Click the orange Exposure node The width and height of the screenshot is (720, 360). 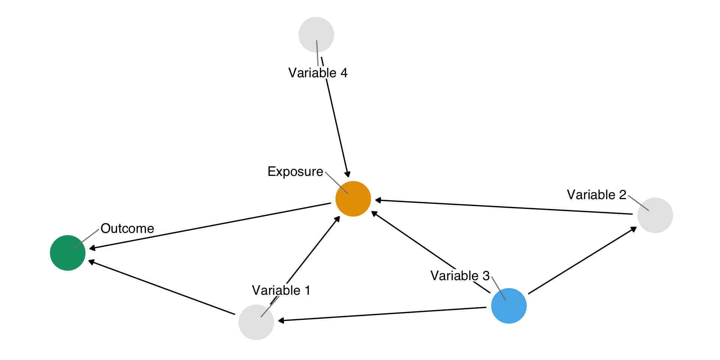coord(353,199)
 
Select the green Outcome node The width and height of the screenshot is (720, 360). coord(67,253)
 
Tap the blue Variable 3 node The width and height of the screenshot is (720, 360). coord(508,306)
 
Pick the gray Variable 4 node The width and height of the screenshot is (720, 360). coord(316,34)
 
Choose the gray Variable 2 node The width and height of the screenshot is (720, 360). coord(655,215)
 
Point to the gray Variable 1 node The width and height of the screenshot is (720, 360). coord(256,322)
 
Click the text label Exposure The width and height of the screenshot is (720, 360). coord(295,171)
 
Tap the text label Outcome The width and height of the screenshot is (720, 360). coord(127,228)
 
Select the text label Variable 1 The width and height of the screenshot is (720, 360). coord(281,290)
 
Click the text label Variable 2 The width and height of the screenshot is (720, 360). coord(596,195)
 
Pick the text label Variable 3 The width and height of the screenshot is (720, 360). coord(460,276)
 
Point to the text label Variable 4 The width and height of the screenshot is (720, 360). coord(318,73)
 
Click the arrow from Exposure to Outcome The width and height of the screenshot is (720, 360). coord(210,226)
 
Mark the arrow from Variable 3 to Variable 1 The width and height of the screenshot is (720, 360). coord(382,314)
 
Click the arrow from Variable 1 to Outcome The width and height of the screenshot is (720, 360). coord(161,288)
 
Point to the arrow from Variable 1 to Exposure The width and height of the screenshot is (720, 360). coord(313,250)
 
